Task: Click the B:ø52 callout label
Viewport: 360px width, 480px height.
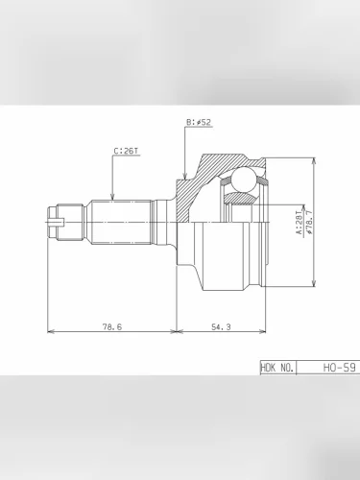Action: click(199, 122)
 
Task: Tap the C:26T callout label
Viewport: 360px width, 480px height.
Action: click(127, 151)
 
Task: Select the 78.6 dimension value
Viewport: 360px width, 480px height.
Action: click(112, 326)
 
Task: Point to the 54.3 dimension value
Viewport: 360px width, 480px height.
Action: click(221, 326)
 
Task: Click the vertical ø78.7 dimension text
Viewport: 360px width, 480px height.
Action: click(309, 223)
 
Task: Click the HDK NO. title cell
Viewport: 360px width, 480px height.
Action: click(277, 368)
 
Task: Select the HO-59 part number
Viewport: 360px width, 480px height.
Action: click(339, 368)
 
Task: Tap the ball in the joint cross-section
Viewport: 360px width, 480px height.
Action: click(244, 180)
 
